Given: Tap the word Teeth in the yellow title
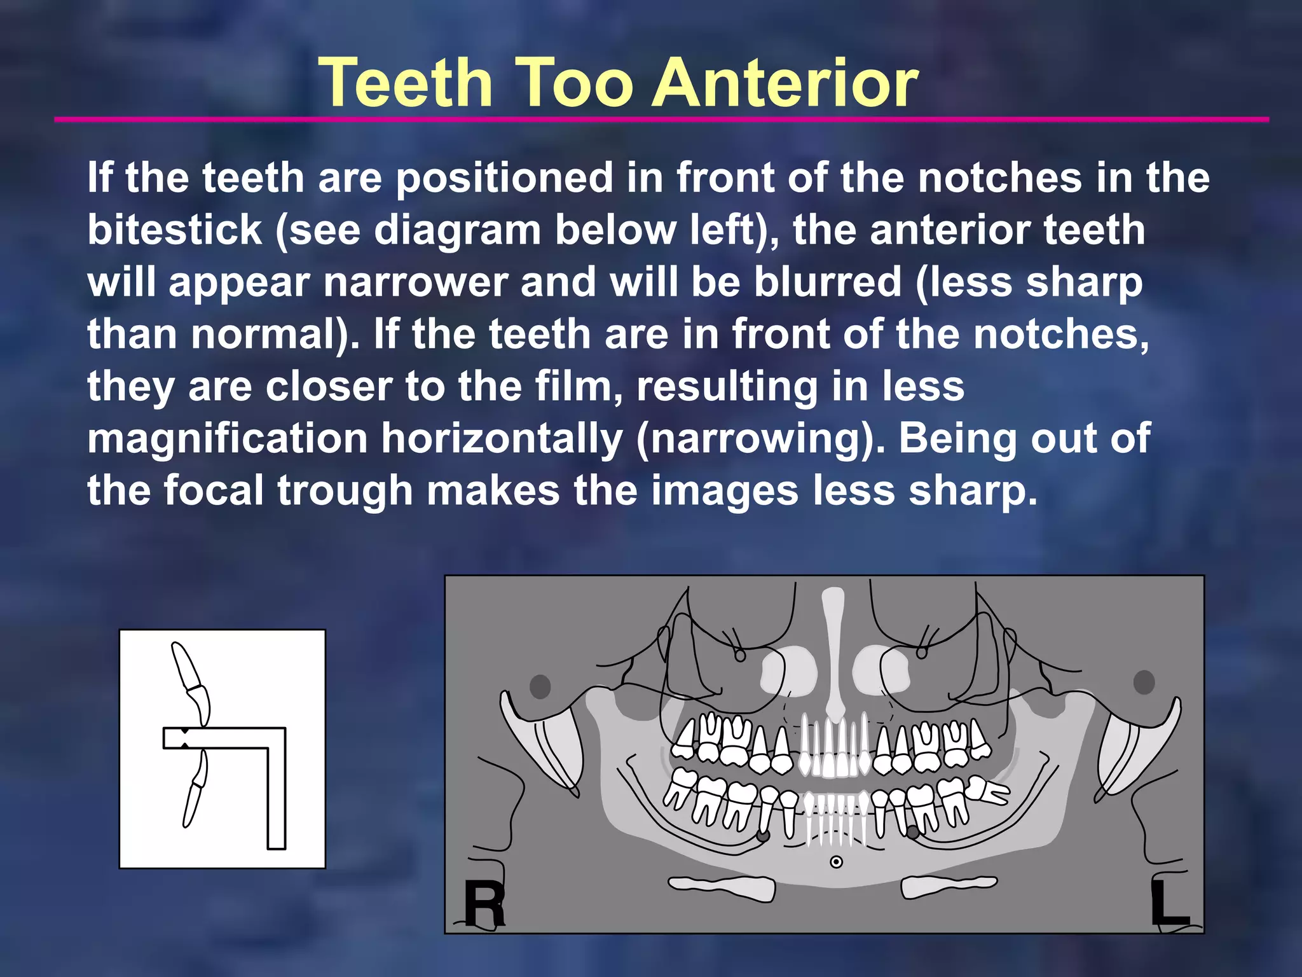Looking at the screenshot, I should [x=406, y=83].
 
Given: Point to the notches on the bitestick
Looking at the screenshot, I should [x=184, y=738].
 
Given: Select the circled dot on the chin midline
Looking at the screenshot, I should [x=837, y=862].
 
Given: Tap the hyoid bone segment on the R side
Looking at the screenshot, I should [x=722, y=887].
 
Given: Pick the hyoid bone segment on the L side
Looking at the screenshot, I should [x=949, y=885].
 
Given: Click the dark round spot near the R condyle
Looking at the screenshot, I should [x=540, y=686].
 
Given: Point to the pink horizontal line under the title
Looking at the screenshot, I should [x=661, y=119].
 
